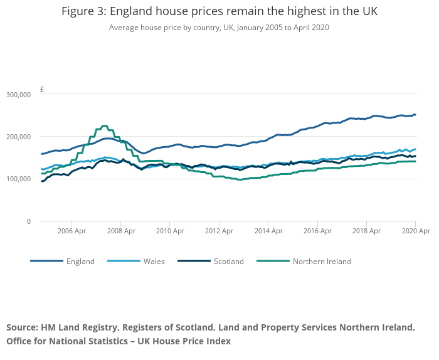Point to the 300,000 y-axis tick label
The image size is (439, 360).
point(18,95)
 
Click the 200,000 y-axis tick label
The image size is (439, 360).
point(18,137)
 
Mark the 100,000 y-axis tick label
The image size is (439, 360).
point(18,179)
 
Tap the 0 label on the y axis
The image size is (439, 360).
point(28,221)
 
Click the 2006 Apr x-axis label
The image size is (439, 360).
point(71,231)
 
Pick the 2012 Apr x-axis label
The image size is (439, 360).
point(219,231)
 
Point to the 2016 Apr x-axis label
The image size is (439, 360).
point(317,231)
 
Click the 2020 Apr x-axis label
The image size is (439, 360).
point(415,231)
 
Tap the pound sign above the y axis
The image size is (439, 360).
point(42,90)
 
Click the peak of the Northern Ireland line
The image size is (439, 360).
point(104,126)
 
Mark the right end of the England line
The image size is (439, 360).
point(415,115)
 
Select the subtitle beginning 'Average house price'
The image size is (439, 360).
point(219,28)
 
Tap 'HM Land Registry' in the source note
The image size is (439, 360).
point(78,327)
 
